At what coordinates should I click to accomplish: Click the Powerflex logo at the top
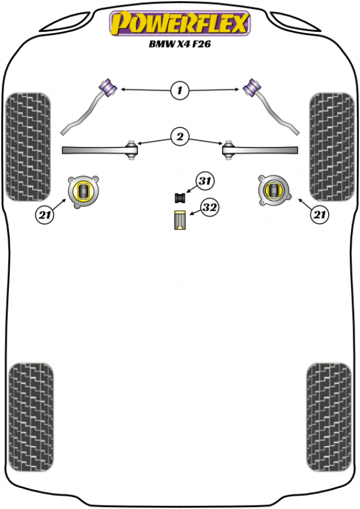pos(179,25)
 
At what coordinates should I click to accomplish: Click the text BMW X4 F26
pos(179,44)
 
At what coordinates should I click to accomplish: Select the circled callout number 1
pos(179,91)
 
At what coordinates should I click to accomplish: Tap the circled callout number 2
pos(179,137)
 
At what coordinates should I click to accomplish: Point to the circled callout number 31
pos(205,181)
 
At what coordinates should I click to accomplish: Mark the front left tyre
pos(28,146)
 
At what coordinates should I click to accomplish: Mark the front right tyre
pos(332,146)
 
